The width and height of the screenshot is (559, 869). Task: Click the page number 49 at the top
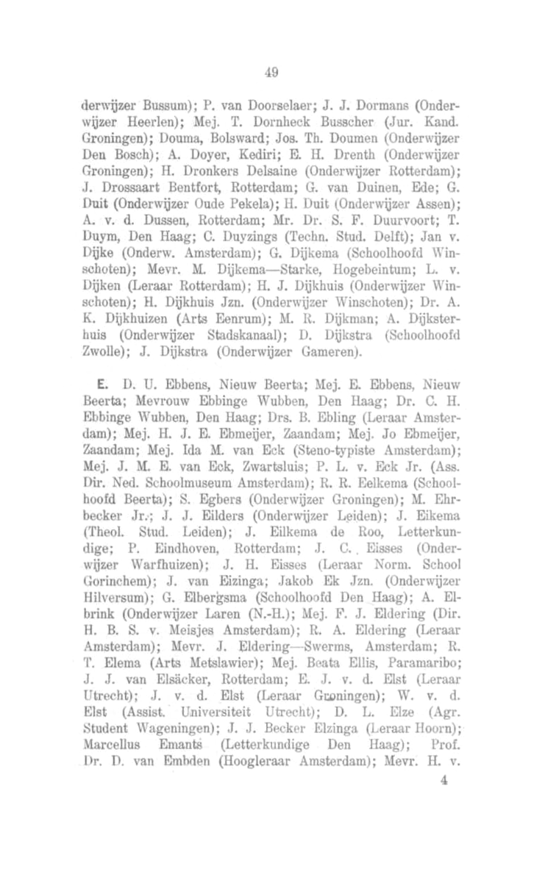coord(273,71)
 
